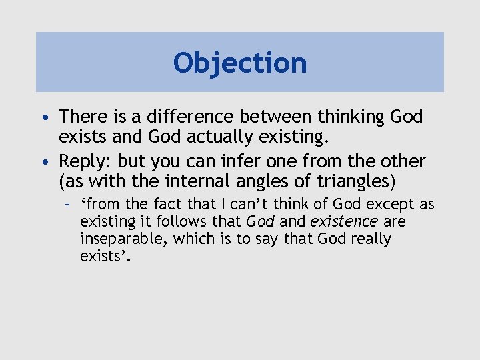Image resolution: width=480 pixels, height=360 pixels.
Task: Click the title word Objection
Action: coord(240,63)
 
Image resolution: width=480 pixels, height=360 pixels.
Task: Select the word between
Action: coord(275,117)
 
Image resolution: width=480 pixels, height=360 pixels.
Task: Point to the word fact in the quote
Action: coord(173,204)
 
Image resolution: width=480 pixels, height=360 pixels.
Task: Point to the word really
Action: coord(369,239)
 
